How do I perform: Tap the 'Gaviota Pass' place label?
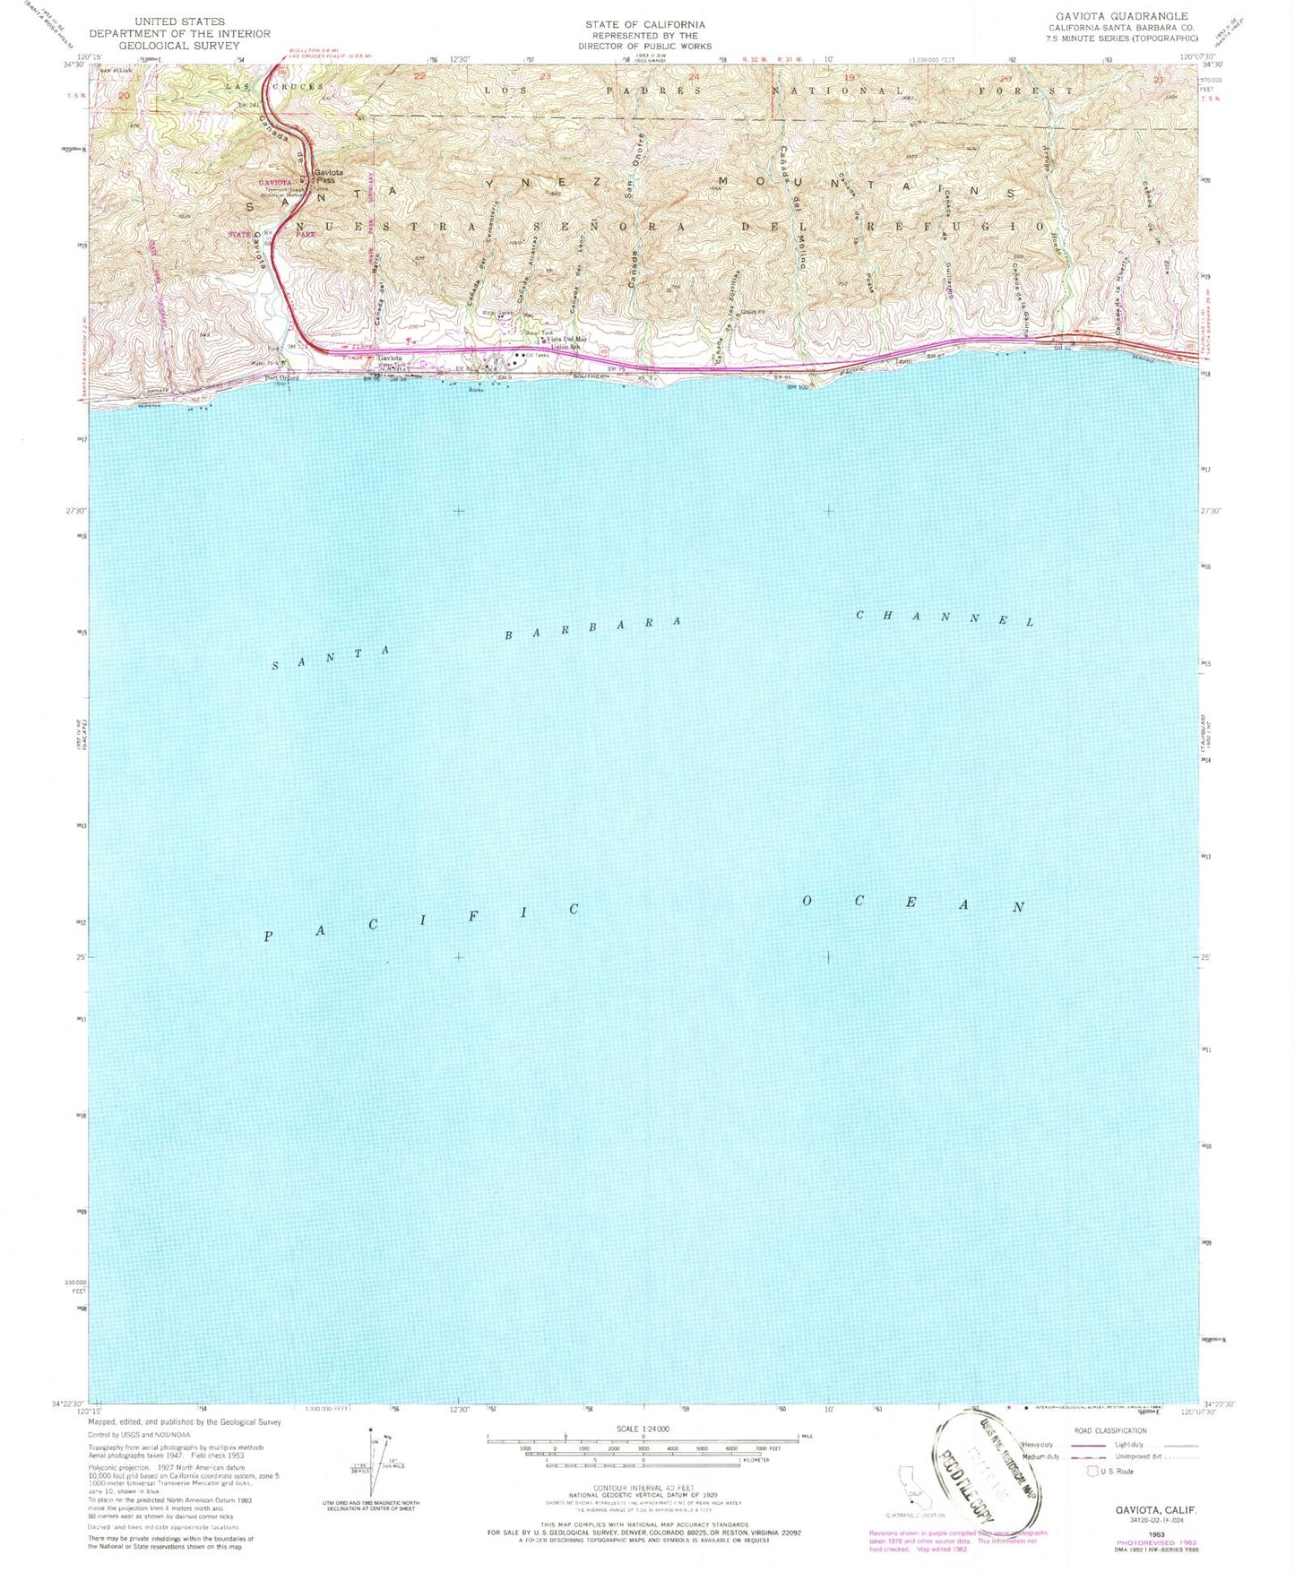tap(327, 177)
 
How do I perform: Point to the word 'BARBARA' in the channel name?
tap(592, 627)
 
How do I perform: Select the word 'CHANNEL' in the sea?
tap(945, 618)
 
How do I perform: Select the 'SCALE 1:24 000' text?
tap(644, 1429)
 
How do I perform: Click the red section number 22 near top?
tap(419, 77)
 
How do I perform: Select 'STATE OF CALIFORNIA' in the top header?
tap(644, 24)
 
